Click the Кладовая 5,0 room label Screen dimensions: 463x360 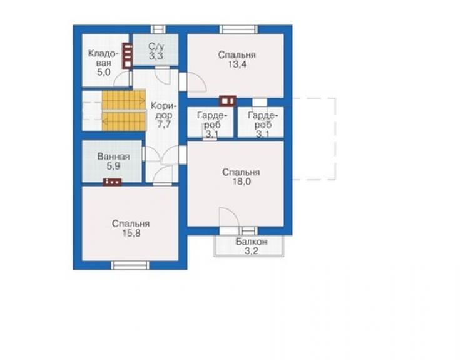(x=103, y=63)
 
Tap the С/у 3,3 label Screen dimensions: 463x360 (x=156, y=51)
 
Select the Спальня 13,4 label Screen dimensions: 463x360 (x=237, y=59)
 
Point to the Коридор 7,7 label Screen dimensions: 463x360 (x=163, y=115)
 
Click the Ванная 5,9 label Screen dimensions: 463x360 (x=113, y=161)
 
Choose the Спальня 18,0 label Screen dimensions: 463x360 (x=242, y=177)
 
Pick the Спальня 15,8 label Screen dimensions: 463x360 (x=131, y=228)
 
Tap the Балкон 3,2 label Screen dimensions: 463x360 (x=252, y=246)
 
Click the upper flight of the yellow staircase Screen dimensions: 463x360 (x=124, y=100)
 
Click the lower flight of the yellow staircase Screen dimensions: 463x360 (x=124, y=121)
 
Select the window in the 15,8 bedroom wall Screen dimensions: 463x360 (x=130, y=265)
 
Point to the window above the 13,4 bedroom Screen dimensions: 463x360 (x=238, y=29)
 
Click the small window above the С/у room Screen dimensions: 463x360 (x=158, y=29)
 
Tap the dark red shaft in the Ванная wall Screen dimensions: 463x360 (x=112, y=182)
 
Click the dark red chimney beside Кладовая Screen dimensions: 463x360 (x=127, y=56)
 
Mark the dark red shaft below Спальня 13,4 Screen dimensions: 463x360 (x=228, y=101)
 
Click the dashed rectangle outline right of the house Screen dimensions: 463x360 (x=335, y=138)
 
